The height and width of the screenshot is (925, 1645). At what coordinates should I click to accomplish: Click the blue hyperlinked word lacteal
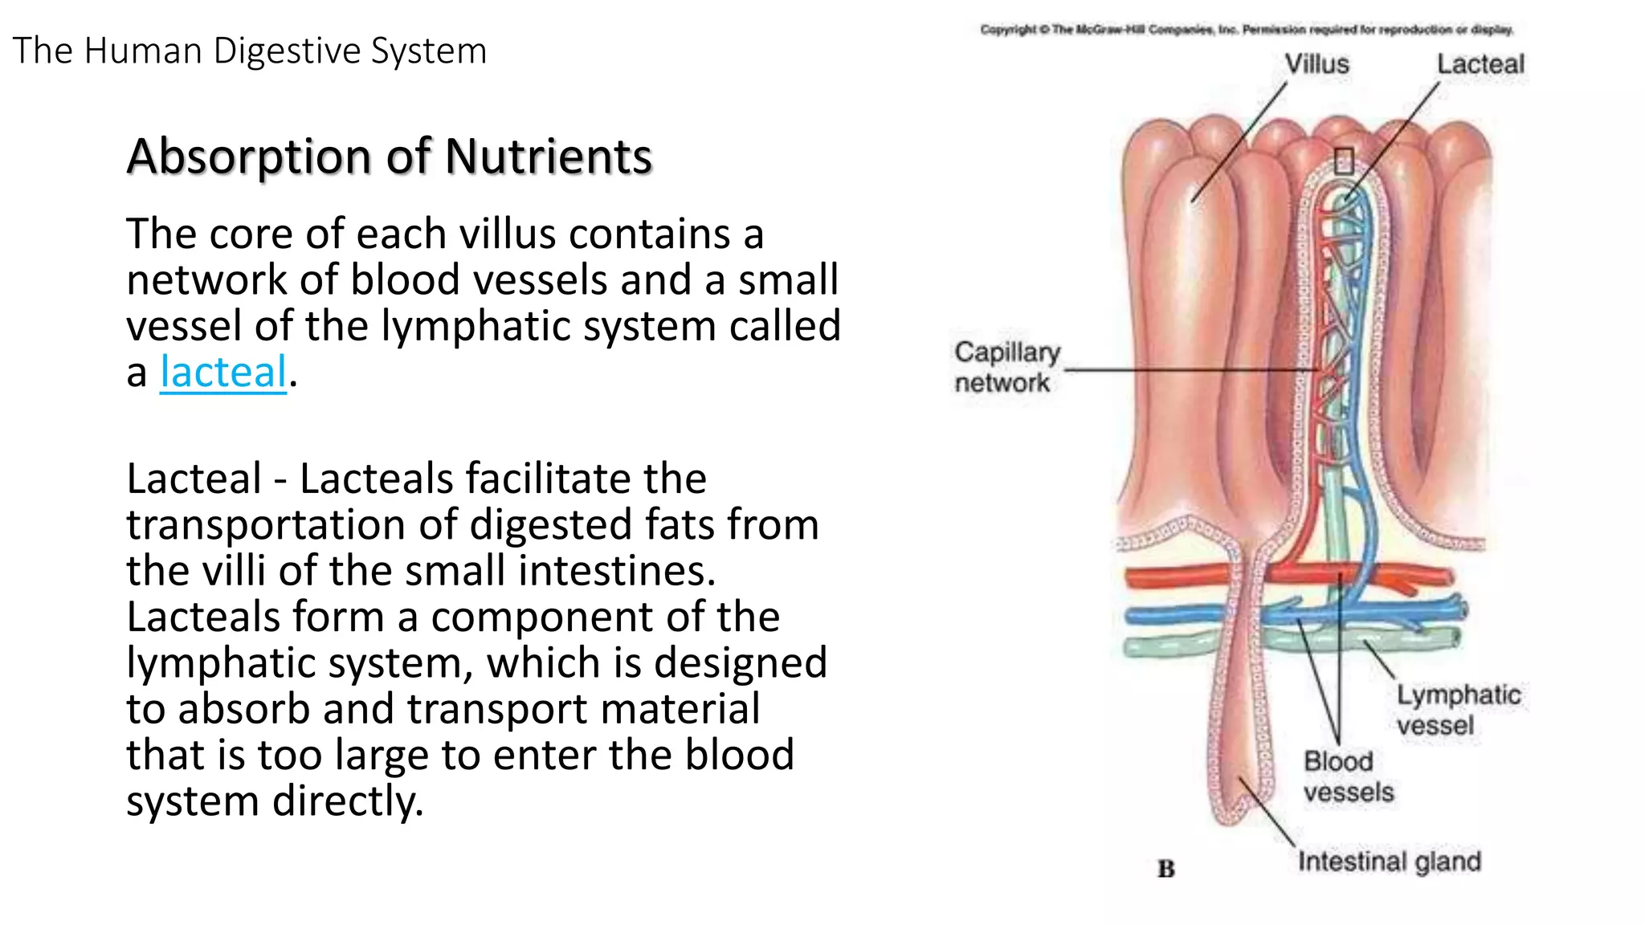[x=222, y=373]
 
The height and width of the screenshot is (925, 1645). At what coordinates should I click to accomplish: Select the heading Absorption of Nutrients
[x=390, y=156]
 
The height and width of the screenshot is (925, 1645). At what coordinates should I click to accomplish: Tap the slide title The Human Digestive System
[x=250, y=51]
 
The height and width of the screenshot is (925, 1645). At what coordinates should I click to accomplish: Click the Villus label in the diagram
[x=1316, y=64]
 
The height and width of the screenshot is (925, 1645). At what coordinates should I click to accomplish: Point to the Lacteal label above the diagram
[x=1480, y=64]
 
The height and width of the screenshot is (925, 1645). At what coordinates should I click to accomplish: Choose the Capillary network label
[x=1006, y=367]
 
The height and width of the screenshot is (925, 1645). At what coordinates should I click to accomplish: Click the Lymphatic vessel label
[x=1457, y=710]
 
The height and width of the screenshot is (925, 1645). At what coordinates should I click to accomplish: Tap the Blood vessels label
[x=1347, y=776]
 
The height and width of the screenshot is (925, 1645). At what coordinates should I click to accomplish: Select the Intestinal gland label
[x=1389, y=862]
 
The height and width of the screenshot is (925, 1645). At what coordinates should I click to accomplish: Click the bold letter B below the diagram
[x=1165, y=869]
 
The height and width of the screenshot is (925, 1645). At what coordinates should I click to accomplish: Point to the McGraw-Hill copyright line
[x=1246, y=31]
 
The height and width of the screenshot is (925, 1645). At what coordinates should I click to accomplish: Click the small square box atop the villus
[x=1344, y=161]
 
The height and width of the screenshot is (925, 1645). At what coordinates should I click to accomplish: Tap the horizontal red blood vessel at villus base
[x=1205, y=577]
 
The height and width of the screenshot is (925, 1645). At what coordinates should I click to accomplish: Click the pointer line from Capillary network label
[x=1189, y=370]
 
